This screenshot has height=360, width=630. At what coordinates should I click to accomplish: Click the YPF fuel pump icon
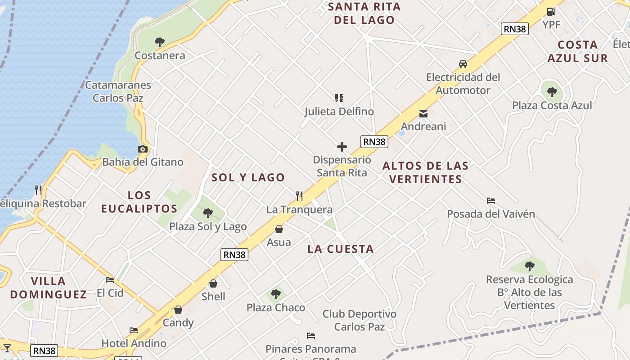(x=551, y=12)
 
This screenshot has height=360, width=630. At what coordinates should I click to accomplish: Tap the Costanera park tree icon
(x=159, y=42)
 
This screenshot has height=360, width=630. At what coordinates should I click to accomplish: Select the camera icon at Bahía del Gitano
(x=142, y=149)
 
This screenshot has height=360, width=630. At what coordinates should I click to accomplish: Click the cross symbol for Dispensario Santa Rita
(x=342, y=147)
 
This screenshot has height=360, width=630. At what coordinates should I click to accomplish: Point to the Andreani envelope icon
(x=423, y=114)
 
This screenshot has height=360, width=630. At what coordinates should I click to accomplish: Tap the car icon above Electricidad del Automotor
(x=463, y=64)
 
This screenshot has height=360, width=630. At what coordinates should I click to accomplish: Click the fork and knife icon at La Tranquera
(x=299, y=196)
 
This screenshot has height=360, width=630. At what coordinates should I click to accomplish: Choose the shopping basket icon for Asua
(x=279, y=229)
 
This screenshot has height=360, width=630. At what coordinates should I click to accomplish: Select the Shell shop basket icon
(x=213, y=283)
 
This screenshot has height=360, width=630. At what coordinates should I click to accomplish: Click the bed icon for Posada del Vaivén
(x=491, y=201)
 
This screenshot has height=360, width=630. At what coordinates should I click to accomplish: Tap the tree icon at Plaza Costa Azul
(x=552, y=92)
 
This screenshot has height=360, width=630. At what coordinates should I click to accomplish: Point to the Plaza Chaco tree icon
(x=275, y=295)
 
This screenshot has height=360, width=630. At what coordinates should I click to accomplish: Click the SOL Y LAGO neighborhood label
(x=248, y=178)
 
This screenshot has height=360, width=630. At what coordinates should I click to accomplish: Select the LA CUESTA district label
(x=341, y=249)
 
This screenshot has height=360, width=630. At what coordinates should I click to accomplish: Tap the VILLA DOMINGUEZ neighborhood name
(x=49, y=288)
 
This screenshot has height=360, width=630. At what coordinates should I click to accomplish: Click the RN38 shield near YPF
(x=515, y=29)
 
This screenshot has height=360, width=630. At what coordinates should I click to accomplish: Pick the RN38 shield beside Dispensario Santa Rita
(x=374, y=142)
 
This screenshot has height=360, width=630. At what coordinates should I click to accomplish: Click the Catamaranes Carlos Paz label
(x=118, y=91)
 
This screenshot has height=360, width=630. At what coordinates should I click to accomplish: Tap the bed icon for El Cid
(x=110, y=280)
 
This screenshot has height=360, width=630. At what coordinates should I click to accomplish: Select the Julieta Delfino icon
(x=339, y=98)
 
